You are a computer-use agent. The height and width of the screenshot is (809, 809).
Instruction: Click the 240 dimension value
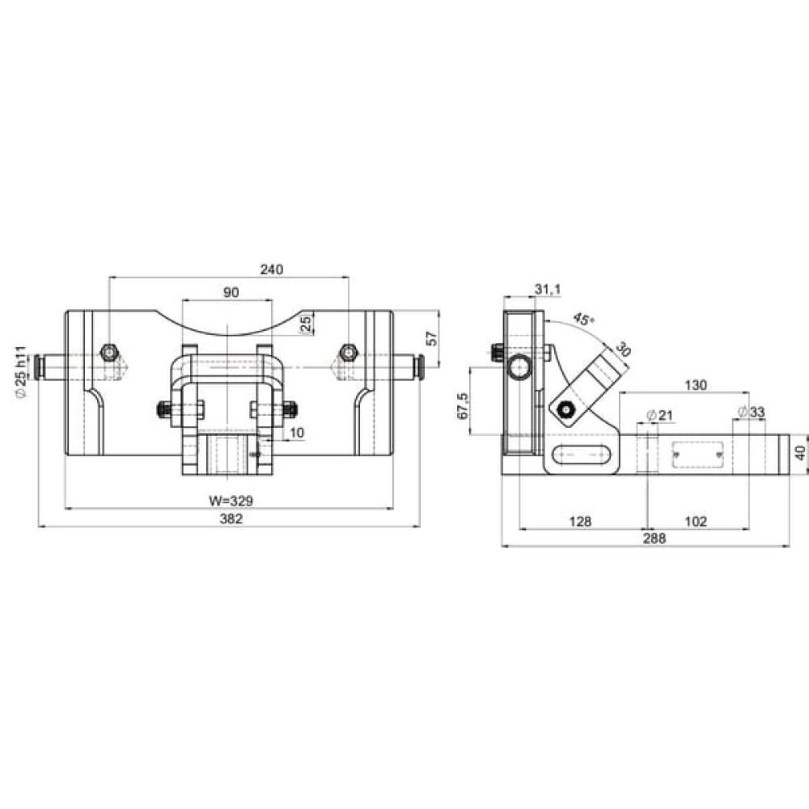(x=271, y=269)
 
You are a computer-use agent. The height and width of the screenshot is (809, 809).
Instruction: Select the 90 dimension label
(x=231, y=293)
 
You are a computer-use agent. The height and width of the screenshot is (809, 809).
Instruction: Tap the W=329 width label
(x=231, y=501)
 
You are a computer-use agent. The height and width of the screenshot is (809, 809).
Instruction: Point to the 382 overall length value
(x=231, y=519)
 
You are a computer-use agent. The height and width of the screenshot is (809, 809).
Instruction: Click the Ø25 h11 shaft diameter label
(x=21, y=372)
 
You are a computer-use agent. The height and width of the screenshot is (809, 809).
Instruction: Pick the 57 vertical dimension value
(x=432, y=338)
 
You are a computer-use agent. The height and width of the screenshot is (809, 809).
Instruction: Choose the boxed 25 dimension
(x=307, y=324)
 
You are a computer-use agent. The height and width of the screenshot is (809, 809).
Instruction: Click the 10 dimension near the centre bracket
(x=297, y=432)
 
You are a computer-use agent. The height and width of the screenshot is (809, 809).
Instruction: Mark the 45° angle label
(x=583, y=319)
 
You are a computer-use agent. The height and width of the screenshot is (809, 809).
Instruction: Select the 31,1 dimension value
(x=548, y=290)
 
